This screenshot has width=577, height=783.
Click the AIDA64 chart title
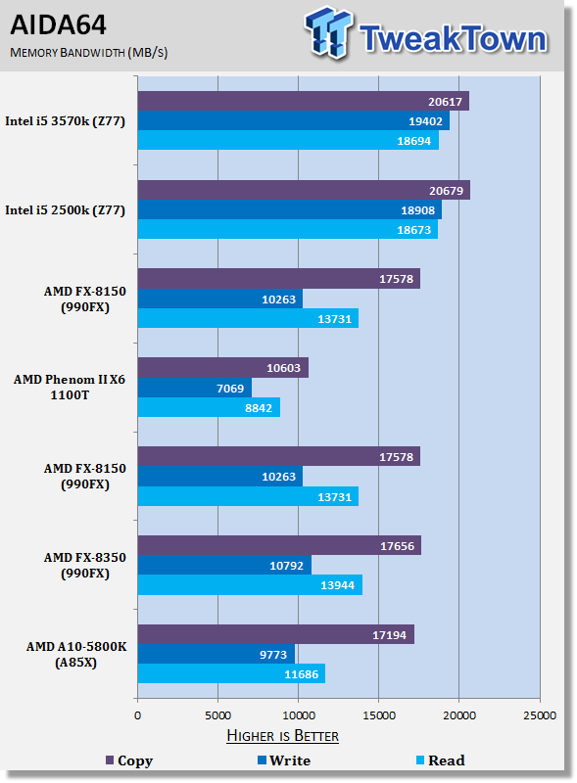click(58, 25)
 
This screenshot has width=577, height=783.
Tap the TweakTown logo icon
click(328, 31)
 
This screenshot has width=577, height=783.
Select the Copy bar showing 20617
click(304, 101)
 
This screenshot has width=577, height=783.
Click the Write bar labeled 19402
click(294, 120)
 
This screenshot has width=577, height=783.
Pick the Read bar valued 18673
click(288, 229)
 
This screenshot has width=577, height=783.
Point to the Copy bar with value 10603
click(223, 368)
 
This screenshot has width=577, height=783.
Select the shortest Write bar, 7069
click(195, 388)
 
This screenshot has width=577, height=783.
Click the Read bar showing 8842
click(209, 407)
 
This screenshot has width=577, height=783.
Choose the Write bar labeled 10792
click(224, 565)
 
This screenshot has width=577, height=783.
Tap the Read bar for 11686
click(231, 673)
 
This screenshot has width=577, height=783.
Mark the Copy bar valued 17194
click(276, 634)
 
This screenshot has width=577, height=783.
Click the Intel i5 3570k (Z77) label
click(65, 121)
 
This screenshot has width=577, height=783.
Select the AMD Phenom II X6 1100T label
click(70, 387)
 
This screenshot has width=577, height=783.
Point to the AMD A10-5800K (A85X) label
click(76, 654)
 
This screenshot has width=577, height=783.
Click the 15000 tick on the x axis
click(379, 715)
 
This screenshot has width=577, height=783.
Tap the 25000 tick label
click(540, 715)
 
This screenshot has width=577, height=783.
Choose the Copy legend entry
click(129, 760)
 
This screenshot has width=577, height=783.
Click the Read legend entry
click(441, 760)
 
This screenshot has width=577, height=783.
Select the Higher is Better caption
click(282, 736)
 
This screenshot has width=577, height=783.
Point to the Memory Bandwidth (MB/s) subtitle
click(89, 53)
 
